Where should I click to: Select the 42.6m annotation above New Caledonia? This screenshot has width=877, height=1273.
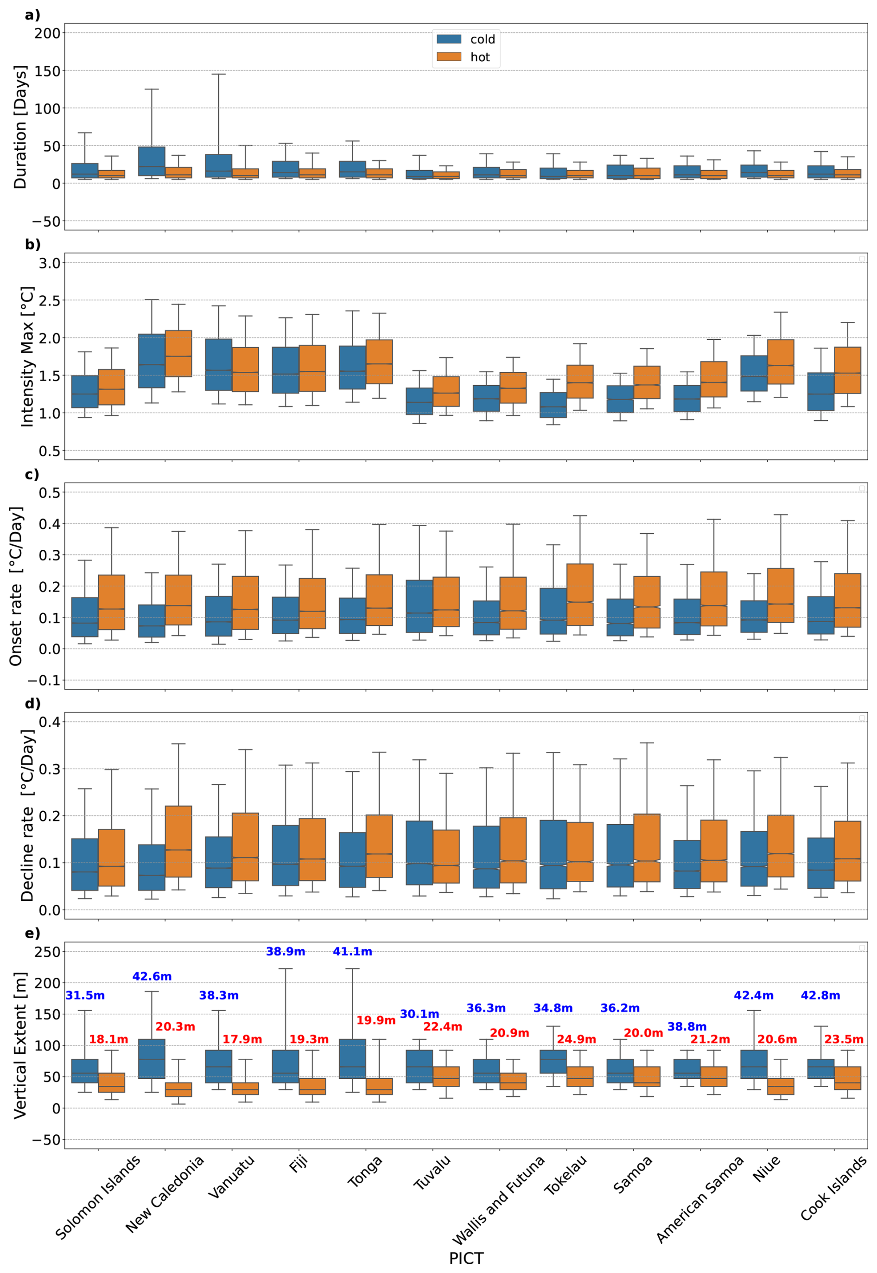click(x=152, y=976)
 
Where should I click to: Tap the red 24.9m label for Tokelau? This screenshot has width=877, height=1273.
click(x=576, y=1039)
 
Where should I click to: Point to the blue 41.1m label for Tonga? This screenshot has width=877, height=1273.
click(x=352, y=951)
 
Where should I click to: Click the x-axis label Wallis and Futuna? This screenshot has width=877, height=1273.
click(x=498, y=1199)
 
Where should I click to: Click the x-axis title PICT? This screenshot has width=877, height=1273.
click(x=466, y=1258)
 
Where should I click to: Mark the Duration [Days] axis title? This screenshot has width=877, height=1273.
click(x=20, y=127)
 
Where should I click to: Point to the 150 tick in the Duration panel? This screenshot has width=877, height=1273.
click(x=47, y=71)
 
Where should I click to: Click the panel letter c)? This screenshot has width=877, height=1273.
click(x=32, y=474)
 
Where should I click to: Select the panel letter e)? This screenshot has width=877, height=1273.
click(x=32, y=934)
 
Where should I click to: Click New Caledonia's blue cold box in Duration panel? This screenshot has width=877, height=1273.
click(x=152, y=161)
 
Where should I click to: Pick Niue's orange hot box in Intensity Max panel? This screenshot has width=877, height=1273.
click(x=780, y=362)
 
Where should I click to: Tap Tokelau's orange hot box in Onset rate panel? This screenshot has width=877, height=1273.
click(x=580, y=594)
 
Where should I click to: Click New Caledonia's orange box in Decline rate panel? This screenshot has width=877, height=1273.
click(x=178, y=841)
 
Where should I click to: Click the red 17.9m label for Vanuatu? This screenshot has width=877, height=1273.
click(x=242, y=1039)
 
